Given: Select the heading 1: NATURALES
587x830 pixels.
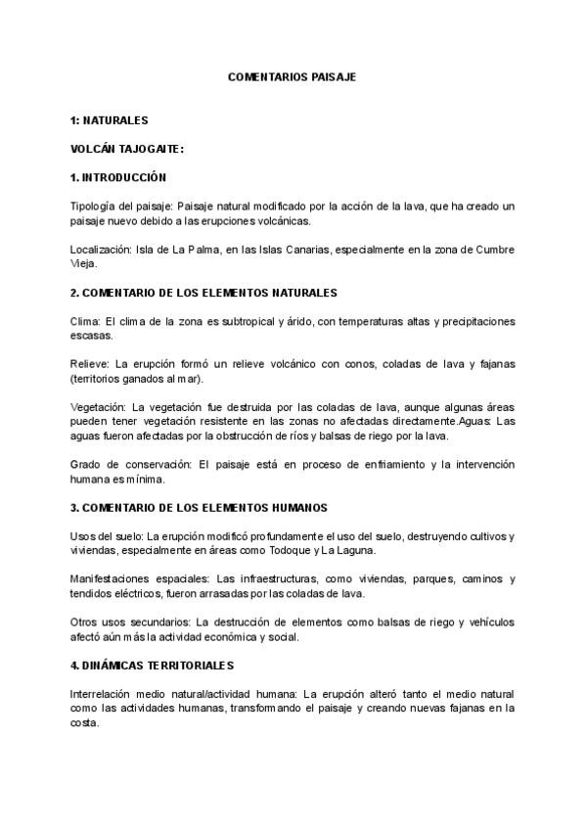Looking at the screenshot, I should pyautogui.click(x=110, y=121).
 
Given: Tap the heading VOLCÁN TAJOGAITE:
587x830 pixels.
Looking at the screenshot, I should pyautogui.click(x=127, y=149).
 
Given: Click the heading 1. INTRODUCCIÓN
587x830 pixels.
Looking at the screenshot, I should pyautogui.click(x=119, y=177).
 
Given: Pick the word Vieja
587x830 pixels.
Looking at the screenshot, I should pyautogui.click(x=86, y=263).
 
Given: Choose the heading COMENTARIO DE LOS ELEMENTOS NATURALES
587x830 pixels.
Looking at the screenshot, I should pyautogui.click(x=211, y=293).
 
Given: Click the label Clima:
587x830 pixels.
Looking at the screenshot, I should pyautogui.click(x=85, y=322).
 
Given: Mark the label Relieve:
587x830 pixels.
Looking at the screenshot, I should pyautogui.click(x=91, y=364).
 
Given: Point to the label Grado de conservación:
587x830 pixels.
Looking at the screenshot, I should pyautogui.click(x=131, y=463).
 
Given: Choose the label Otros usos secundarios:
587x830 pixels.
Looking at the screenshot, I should pyautogui.click(x=130, y=622).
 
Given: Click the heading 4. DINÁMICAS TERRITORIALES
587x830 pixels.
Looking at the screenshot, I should pyautogui.click(x=153, y=666).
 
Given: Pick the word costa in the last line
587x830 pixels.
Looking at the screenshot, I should pyautogui.click(x=84, y=723).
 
